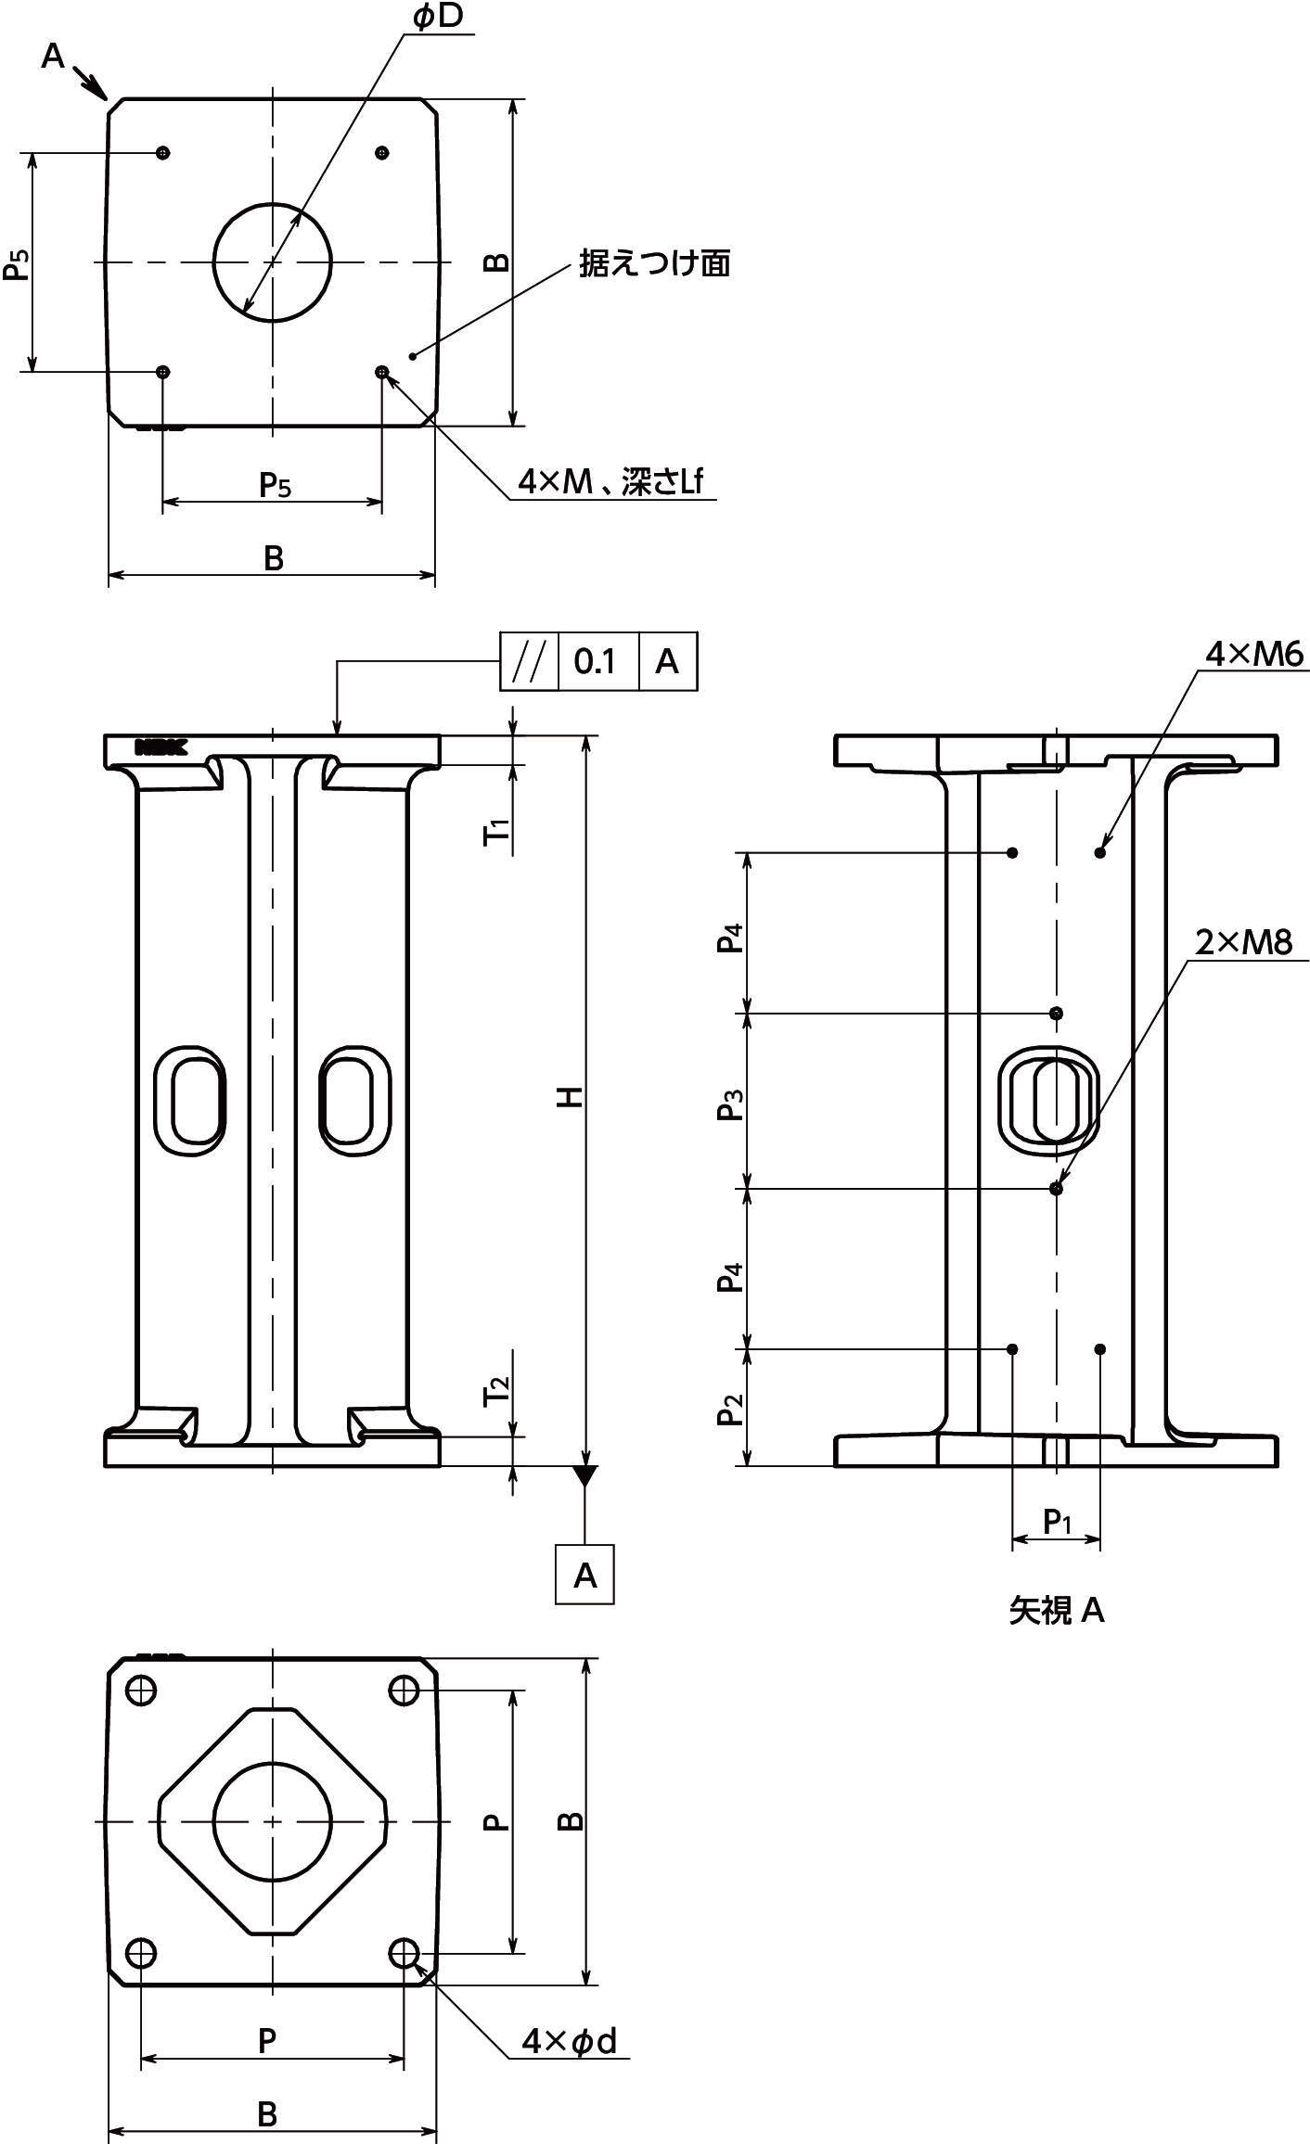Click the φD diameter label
tap(437, 19)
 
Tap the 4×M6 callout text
tap(1253, 655)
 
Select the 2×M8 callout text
tap(1242, 943)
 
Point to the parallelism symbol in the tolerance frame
tap(528, 661)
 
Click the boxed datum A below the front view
tap(584, 1575)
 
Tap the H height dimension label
tap(572, 1097)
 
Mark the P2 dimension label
tap(732, 1411)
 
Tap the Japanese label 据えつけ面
tap(655, 264)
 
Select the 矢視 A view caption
tap(1057, 1611)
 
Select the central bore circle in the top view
tap(272, 262)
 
